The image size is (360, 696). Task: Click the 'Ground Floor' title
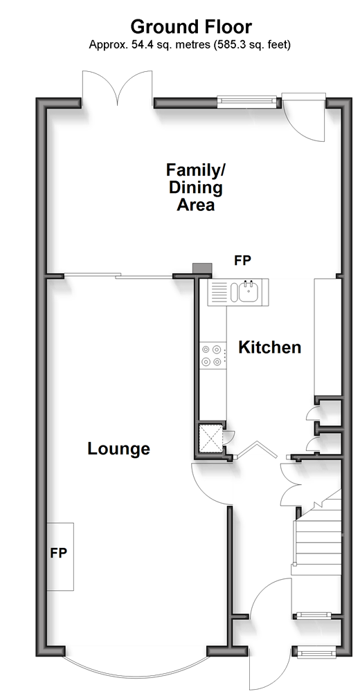(191, 28)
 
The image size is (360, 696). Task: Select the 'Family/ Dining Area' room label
(196, 187)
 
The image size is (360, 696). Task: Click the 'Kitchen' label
(270, 347)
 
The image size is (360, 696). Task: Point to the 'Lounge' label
(118, 449)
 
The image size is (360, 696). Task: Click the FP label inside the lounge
(58, 553)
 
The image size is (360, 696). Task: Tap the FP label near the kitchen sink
(243, 261)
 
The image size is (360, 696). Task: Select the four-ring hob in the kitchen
(211, 356)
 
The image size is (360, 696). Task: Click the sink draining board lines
(219, 292)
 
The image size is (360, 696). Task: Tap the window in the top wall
(247, 102)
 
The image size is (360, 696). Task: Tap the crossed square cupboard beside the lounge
(210, 437)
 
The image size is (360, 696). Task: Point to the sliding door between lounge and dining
(118, 277)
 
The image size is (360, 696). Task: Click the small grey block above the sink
(203, 269)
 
